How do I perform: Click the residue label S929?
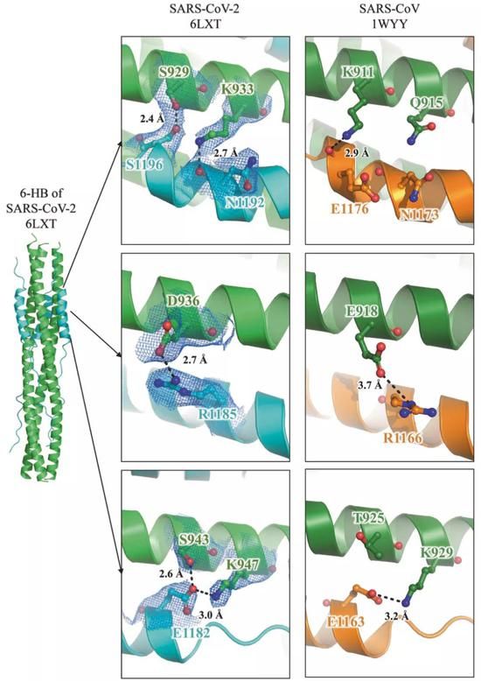(x=174, y=72)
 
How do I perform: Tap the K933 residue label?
(x=237, y=89)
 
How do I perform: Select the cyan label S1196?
(x=145, y=165)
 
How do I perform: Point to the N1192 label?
(x=243, y=202)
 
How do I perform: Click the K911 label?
(x=358, y=72)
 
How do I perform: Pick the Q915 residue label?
(x=427, y=103)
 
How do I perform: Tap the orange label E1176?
(x=350, y=208)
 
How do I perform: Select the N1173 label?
(x=419, y=214)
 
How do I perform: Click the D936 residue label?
(x=183, y=301)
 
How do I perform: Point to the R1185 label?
(x=218, y=414)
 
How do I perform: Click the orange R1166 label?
(x=402, y=438)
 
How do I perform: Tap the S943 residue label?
(x=194, y=540)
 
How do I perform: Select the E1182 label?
(x=192, y=632)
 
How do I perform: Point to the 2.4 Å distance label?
(x=151, y=117)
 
